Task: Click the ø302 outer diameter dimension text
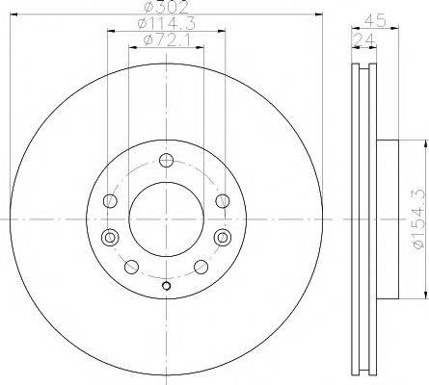pyautogui.click(x=166, y=9)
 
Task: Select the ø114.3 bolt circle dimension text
pyautogui.click(x=166, y=24)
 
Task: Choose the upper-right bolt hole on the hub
pyautogui.click(x=223, y=200)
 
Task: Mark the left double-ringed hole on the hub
pyautogui.click(x=108, y=237)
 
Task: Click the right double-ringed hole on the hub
pyautogui.click(x=224, y=237)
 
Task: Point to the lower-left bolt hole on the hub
pyautogui.click(x=131, y=267)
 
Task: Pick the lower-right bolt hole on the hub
pyautogui.click(x=201, y=267)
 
